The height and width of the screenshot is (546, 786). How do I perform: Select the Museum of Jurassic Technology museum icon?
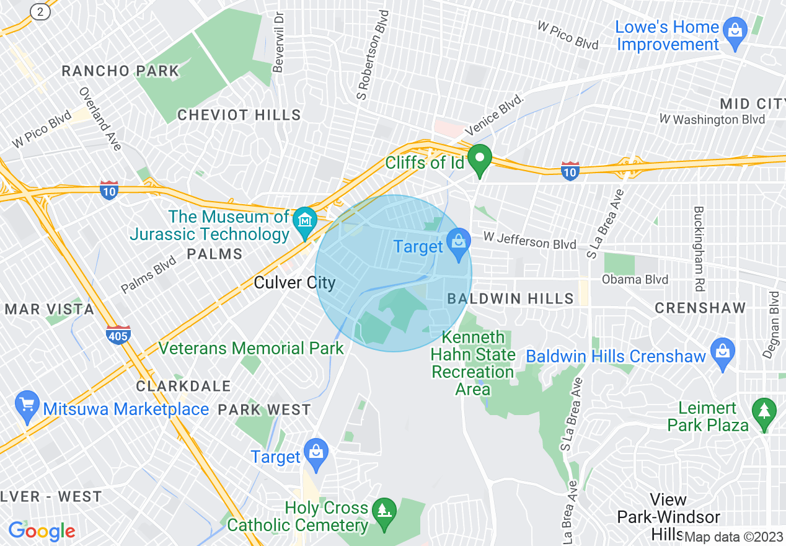[305, 222]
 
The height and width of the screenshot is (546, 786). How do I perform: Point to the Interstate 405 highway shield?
[118, 335]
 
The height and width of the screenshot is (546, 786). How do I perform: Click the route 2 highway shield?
[40, 11]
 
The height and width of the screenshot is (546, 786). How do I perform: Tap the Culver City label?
[294, 284]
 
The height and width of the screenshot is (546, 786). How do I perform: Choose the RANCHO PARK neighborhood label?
[120, 71]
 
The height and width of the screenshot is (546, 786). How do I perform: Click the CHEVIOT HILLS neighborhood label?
[239, 115]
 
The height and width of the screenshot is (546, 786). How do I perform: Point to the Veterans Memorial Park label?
[251, 348]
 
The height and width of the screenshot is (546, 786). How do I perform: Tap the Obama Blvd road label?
[635, 280]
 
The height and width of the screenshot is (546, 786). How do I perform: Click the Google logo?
[42, 531]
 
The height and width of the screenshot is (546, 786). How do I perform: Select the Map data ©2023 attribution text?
[733, 537]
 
